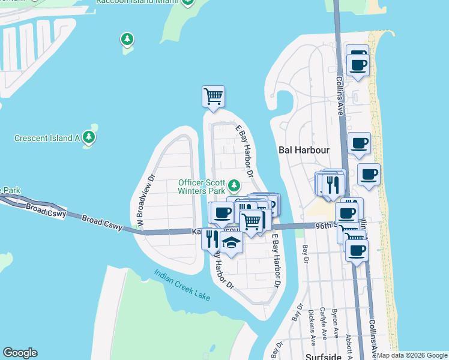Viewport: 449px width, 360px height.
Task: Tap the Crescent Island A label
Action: click(x=47, y=138)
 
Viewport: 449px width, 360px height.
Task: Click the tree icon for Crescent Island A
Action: click(x=89, y=137)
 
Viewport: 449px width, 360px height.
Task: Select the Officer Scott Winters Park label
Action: click(x=201, y=187)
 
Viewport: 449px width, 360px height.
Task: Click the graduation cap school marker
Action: click(x=231, y=242)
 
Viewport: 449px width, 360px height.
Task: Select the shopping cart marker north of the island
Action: click(x=213, y=96)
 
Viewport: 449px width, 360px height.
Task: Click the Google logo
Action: click(x=20, y=353)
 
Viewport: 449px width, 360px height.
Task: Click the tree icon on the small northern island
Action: click(x=127, y=40)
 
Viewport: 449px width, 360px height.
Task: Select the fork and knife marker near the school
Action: click(x=211, y=239)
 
